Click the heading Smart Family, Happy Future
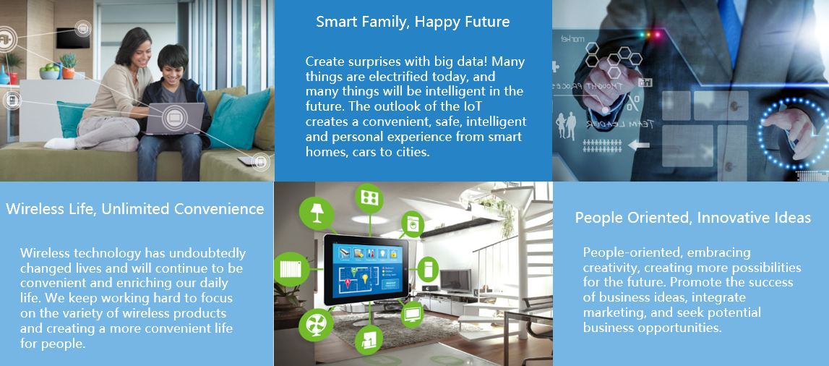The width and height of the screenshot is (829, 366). (413, 22)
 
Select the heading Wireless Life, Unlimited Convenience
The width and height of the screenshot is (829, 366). (135, 209)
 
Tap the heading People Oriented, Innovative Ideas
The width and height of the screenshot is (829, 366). (693, 218)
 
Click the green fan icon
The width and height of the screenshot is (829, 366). (316, 324)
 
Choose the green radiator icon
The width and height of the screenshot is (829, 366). (291, 269)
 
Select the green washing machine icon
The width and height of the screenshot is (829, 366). (413, 224)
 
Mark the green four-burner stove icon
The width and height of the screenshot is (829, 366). (369, 198)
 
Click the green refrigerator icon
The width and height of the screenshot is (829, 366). (428, 268)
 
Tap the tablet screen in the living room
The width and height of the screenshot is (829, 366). (365, 269)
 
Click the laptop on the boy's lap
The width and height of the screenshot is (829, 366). (174, 119)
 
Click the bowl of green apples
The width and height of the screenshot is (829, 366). (50, 72)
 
